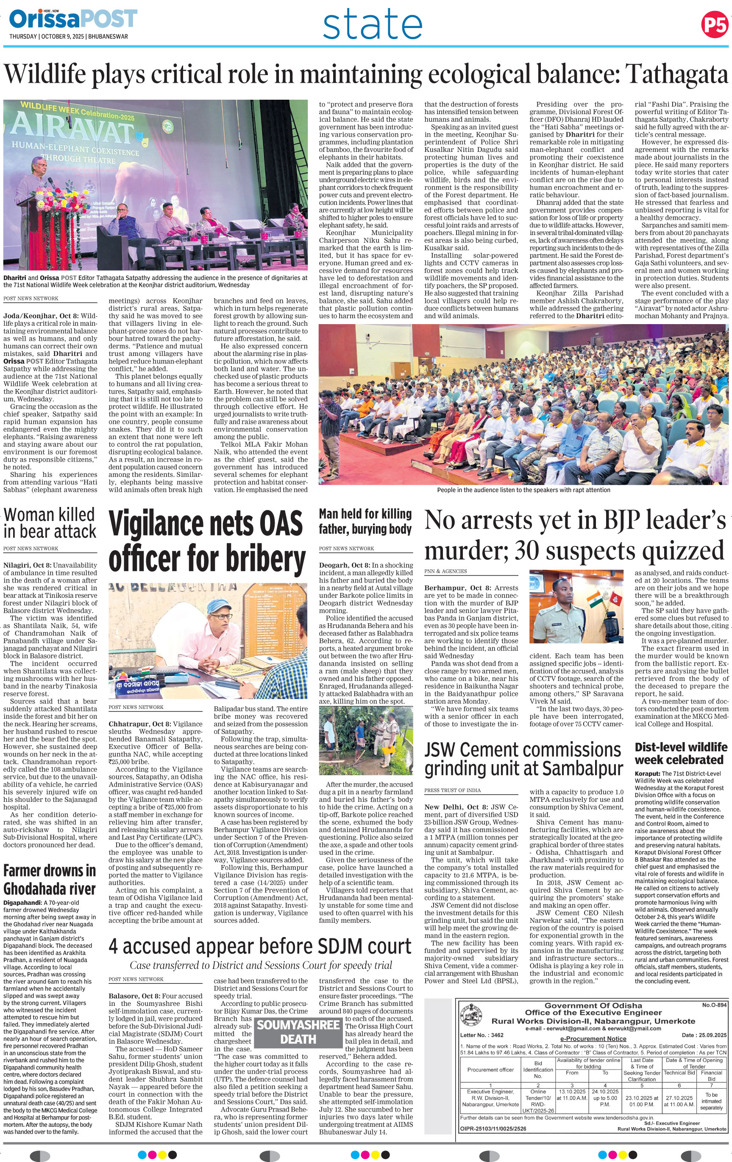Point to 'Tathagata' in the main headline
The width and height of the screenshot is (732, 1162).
click(x=676, y=74)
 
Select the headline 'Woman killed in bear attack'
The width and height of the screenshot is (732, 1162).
click(x=50, y=523)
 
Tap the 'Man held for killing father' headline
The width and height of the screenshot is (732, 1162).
click(x=365, y=521)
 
